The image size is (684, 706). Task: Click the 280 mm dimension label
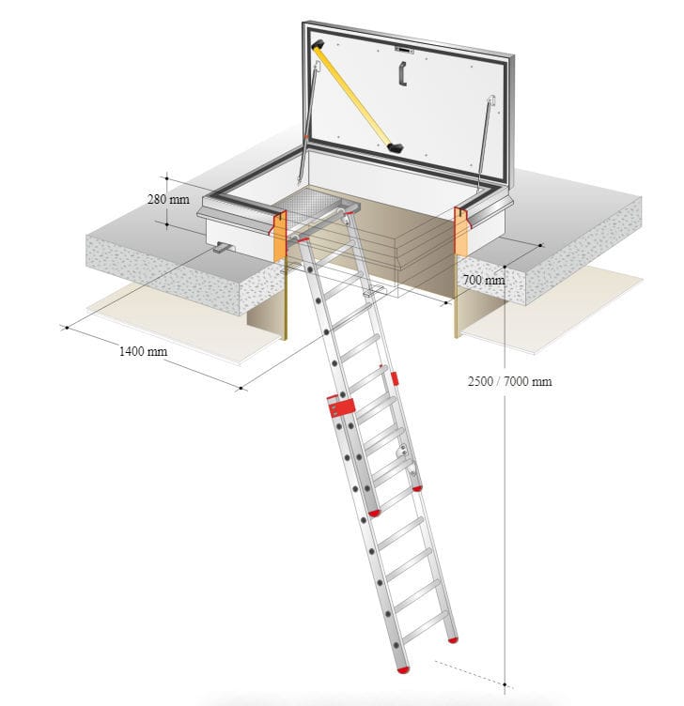(168, 199)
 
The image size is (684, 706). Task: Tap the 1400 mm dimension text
(143, 351)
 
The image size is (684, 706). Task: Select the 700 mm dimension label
(484, 280)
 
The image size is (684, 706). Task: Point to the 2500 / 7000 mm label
(509, 381)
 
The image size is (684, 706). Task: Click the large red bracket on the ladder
(341, 407)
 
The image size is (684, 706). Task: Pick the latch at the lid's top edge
(404, 50)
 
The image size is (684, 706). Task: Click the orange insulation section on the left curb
(279, 237)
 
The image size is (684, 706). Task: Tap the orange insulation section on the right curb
(461, 232)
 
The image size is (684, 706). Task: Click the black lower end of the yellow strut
(396, 147)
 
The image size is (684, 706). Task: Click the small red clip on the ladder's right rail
(395, 378)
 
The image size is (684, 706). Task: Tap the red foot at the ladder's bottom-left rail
(403, 670)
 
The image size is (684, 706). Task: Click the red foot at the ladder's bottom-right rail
(453, 639)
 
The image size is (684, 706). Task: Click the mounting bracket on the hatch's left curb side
(224, 247)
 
